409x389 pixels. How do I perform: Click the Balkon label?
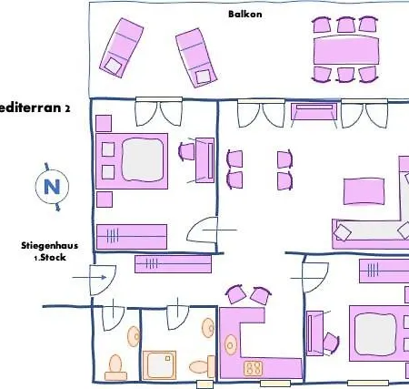coord(240,14)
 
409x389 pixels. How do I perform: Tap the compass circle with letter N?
coord(51,188)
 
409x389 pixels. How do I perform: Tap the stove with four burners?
coord(253,369)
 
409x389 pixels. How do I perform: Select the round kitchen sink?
coord(231,343)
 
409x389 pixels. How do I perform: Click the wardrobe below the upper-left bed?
coord(131,235)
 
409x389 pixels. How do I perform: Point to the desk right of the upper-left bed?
coord(205,160)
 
